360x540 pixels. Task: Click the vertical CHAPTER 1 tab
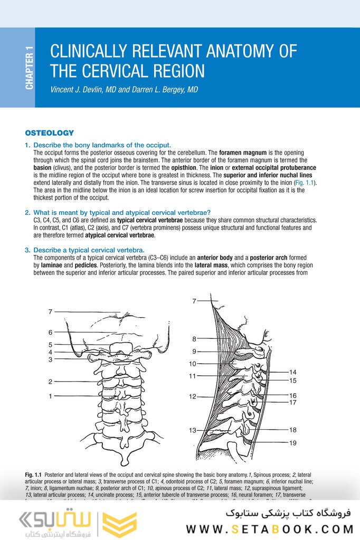(29, 68)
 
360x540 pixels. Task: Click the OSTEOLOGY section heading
(50, 133)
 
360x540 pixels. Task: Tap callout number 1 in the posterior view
(51, 396)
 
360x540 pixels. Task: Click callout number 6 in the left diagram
(51, 333)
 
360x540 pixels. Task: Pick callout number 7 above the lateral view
(194, 301)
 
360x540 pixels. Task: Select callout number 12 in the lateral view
(193, 396)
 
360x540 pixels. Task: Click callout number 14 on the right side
(293, 372)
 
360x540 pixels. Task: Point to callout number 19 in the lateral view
(293, 443)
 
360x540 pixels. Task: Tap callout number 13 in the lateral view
(193, 431)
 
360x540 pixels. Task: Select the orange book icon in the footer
(119, 523)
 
